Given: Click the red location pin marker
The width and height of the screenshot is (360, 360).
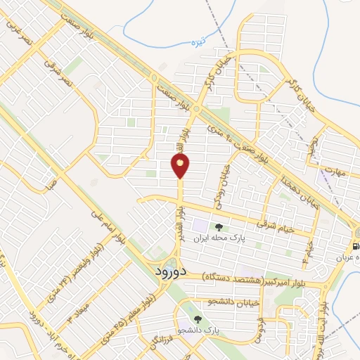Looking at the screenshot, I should [180, 167].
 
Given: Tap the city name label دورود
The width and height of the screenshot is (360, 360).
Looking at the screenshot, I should [169, 271].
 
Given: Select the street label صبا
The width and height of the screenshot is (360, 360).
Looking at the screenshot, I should [51, 184].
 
